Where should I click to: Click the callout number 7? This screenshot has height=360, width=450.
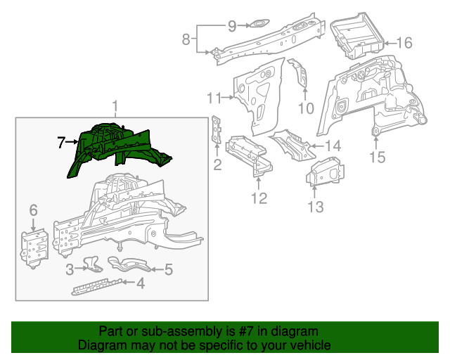click(61, 143)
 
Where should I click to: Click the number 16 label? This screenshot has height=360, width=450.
click(404, 43)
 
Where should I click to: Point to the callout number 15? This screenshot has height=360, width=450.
click(378, 157)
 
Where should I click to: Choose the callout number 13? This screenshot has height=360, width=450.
click(316, 207)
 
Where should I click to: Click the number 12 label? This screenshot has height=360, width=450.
click(259, 199)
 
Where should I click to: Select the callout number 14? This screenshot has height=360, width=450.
click(333, 146)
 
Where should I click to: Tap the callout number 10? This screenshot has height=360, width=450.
click(305, 108)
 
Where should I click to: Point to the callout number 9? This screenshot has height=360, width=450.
click(232, 26)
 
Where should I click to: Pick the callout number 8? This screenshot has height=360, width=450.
click(186, 40)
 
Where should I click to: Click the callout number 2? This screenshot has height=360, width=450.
click(217, 165)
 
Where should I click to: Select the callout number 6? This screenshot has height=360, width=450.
click(32, 210)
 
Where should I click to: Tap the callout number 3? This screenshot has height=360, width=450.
click(70, 269)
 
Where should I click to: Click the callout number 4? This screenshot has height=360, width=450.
click(141, 283)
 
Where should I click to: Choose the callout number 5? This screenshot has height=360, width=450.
click(168, 269)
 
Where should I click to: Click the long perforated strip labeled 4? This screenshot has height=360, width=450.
click(98, 287)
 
